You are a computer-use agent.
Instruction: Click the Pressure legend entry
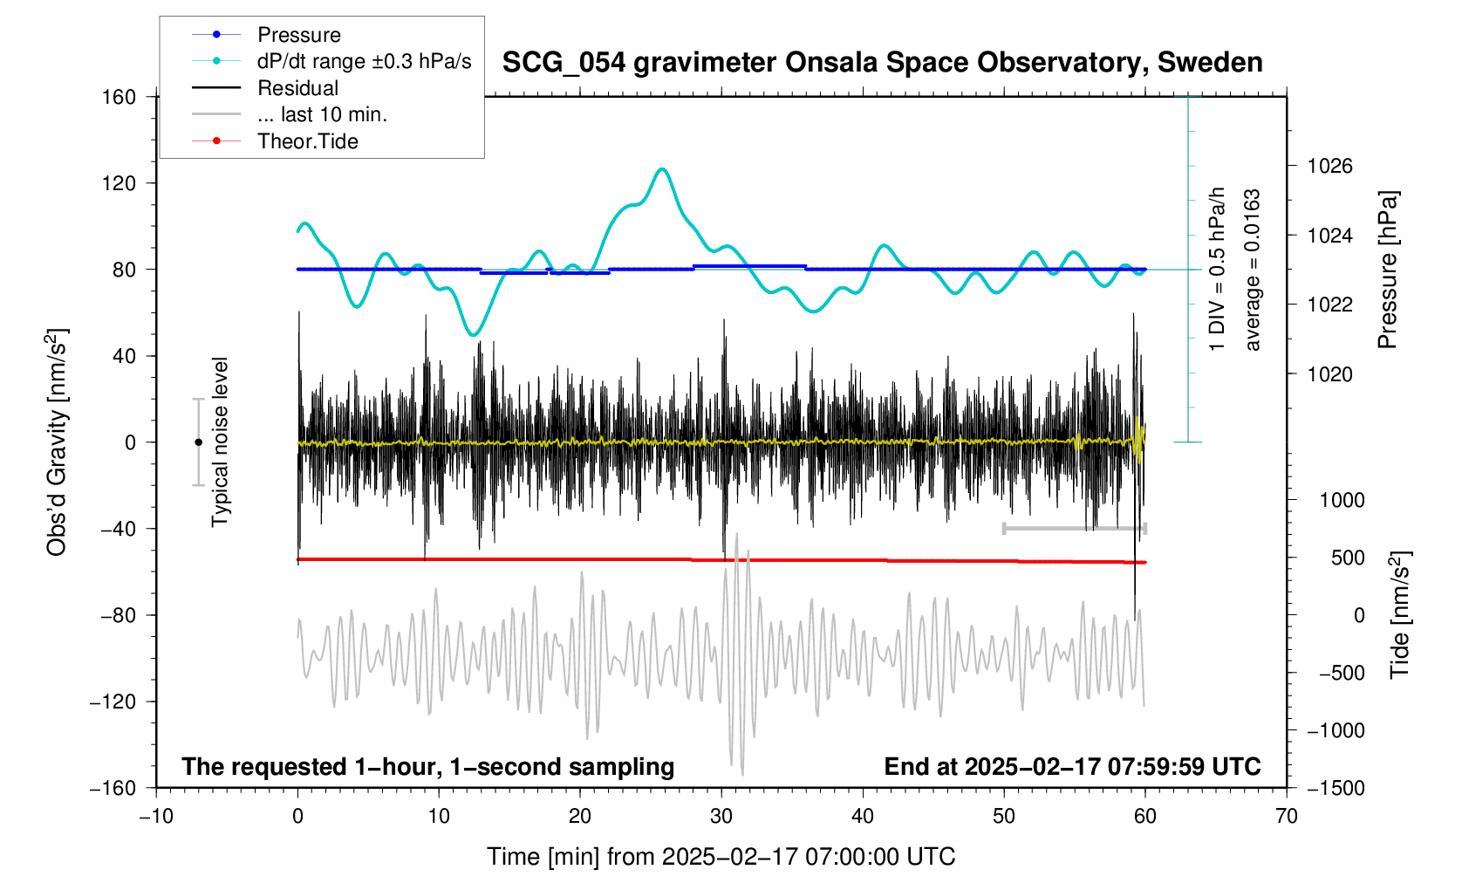pos(298,35)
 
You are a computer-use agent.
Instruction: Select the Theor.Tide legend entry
pos(307,141)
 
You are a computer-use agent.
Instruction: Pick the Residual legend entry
pos(297,88)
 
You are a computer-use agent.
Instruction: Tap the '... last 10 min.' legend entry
pos(322,114)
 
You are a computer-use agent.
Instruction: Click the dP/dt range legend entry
pos(364,61)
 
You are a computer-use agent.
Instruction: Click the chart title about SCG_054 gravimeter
pos(882,63)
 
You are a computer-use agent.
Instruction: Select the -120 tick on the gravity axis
pos(113,702)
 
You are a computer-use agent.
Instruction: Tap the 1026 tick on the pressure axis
pos(1329,166)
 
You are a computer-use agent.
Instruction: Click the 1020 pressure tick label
pos(1329,374)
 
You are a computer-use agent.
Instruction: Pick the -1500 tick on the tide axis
pos(1335,788)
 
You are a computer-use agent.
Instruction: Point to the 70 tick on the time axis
pos(1286,817)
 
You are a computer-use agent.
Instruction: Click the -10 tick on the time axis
pos(156,817)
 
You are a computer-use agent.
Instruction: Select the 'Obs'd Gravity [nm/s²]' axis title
pos(58,442)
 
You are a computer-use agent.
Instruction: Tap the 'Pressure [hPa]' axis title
pos(1387,270)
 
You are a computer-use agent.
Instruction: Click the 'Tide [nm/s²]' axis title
pos(1399,615)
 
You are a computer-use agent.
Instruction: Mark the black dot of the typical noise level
pos(198,442)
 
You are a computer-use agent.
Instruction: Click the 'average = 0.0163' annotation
pos(1253,270)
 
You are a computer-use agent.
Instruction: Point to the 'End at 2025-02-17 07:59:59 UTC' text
pos(1072,767)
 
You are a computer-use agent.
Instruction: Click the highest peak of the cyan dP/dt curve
pos(663,168)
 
